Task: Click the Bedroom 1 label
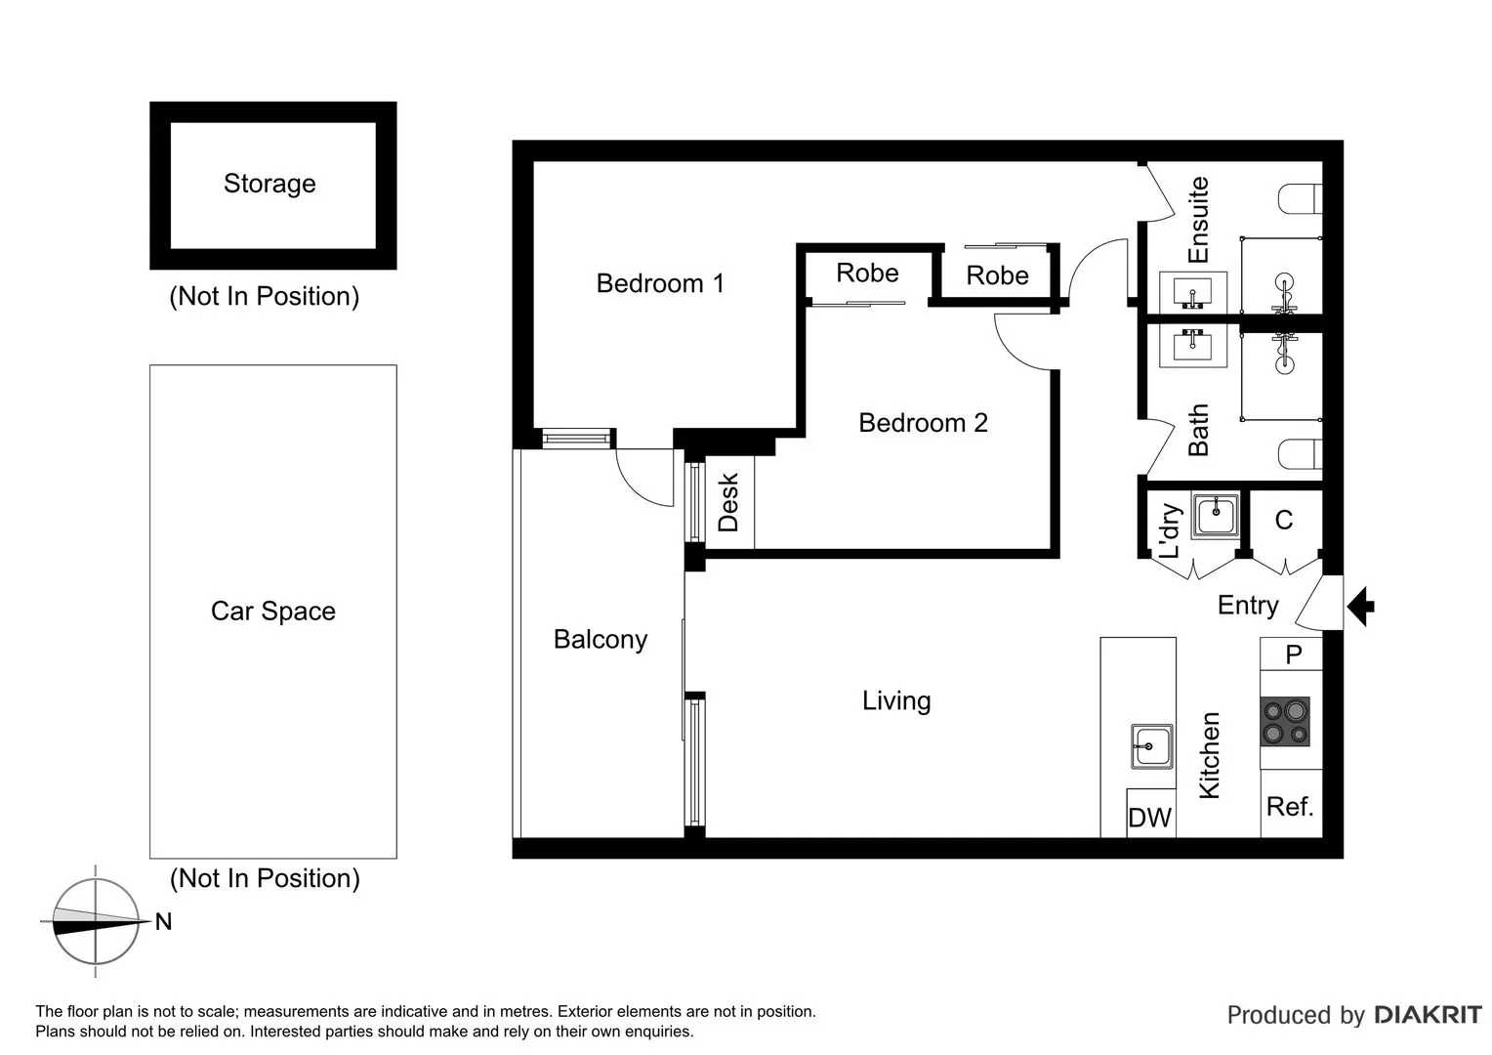(660, 283)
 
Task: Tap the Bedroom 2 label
(923, 423)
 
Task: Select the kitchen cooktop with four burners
(1285, 722)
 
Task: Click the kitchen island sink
(1152, 746)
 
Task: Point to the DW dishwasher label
(1149, 818)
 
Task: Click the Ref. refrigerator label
(1290, 807)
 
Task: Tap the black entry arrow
(1361, 607)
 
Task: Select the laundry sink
(1217, 514)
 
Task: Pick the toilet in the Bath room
(1300, 454)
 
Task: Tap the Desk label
(728, 503)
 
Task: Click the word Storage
(269, 184)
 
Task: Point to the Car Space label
(273, 612)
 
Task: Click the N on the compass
(163, 922)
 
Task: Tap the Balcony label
(601, 639)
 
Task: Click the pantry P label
(1293, 654)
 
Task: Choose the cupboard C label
(1284, 521)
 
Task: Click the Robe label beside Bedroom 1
(867, 273)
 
